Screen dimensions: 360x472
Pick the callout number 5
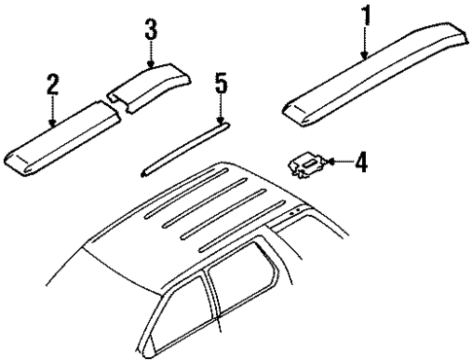[x=221, y=86]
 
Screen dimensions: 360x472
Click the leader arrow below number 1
[x=365, y=45]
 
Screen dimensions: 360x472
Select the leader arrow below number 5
[x=221, y=110]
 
